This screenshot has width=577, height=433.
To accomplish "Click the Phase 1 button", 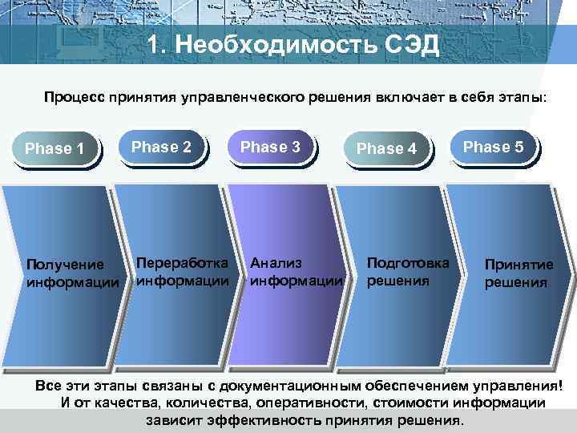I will click(x=55, y=149).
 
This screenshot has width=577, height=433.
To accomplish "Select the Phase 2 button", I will click(x=162, y=148).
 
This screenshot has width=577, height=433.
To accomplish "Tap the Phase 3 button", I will click(x=271, y=148).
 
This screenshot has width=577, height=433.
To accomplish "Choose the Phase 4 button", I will click(x=386, y=149).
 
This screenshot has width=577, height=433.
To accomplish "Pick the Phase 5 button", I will click(x=494, y=148).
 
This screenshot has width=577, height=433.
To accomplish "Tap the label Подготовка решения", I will click(x=408, y=272).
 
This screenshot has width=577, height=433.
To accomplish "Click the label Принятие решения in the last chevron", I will click(x=518, y=273).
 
